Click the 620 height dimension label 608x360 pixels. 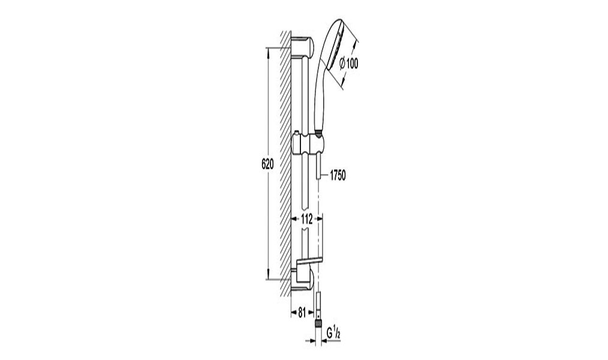pyautogui.click(x=267, y=164)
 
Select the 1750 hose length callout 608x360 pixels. pyautogui.click(x=338, y=176)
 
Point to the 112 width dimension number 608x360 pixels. pyautogui.click(x=307, y=219)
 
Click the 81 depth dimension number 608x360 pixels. pyautogui.click(x=302, y=312)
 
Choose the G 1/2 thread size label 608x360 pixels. pyautogui.click(x=333, y=332)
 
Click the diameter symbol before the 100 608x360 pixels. pyautogui.click(x=342, y=63)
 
